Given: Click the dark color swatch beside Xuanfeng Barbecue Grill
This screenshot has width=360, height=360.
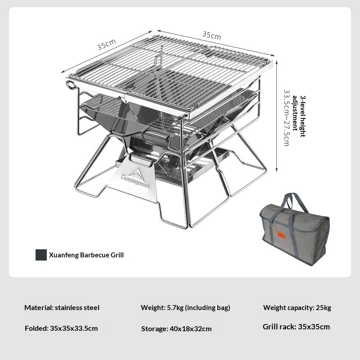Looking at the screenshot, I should pyautogui.click(x=41, y=255).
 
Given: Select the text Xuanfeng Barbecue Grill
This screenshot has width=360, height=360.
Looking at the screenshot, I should pyautogui.click(x=86, y=255).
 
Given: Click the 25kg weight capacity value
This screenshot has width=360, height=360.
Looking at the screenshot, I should pyautogui.click(x=323, y=308).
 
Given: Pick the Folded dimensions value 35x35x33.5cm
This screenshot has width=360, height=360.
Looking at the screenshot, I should pyautogui.click(x=74, y=328).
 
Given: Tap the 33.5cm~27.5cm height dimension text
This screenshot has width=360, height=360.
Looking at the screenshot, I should pyautogui.click(x=286, y=117).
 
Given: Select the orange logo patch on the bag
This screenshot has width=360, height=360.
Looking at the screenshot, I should pyautogui.click(x=281, y=235).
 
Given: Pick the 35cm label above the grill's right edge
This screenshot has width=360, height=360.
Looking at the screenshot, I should pyautogui.click(x=211, y=35).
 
